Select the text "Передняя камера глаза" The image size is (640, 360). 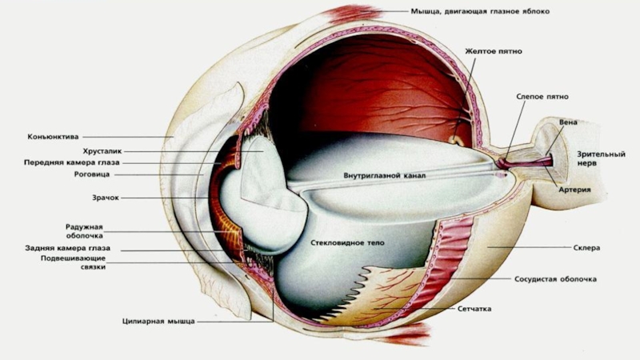tap(72, 162)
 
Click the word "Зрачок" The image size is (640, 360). tap(105, 197)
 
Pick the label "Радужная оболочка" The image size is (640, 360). tap(84, 231)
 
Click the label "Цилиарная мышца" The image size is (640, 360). tap(158, 322)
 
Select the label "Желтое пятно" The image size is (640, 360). tap(494, 51)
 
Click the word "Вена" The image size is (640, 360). tap(568, 122)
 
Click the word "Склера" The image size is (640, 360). tap(586, 248)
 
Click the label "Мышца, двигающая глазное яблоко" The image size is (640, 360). tap(480, 13)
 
